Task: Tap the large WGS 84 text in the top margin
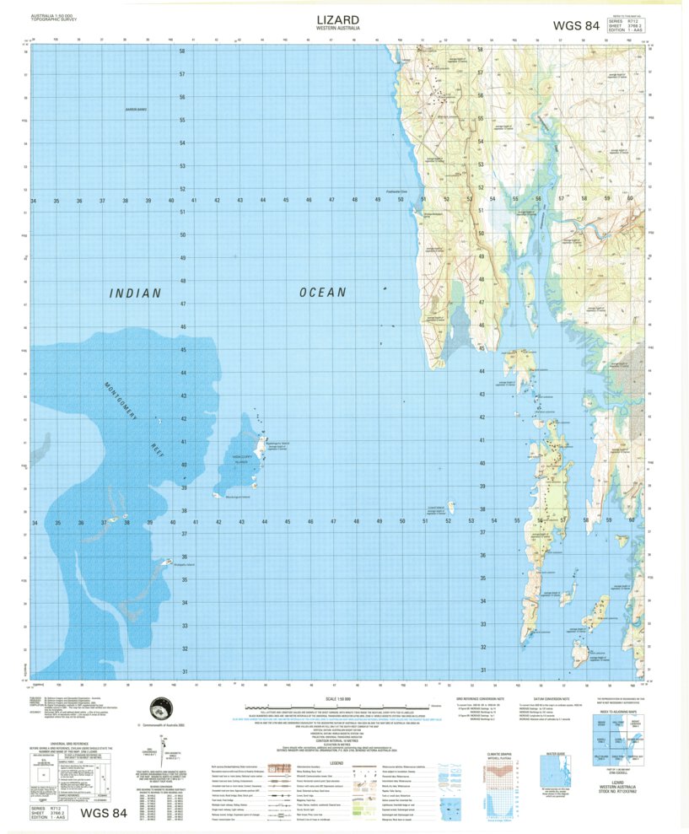click(x=577, y=25)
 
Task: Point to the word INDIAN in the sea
click(x=134, y=293)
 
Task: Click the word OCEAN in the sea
click(x=321, y=293)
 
